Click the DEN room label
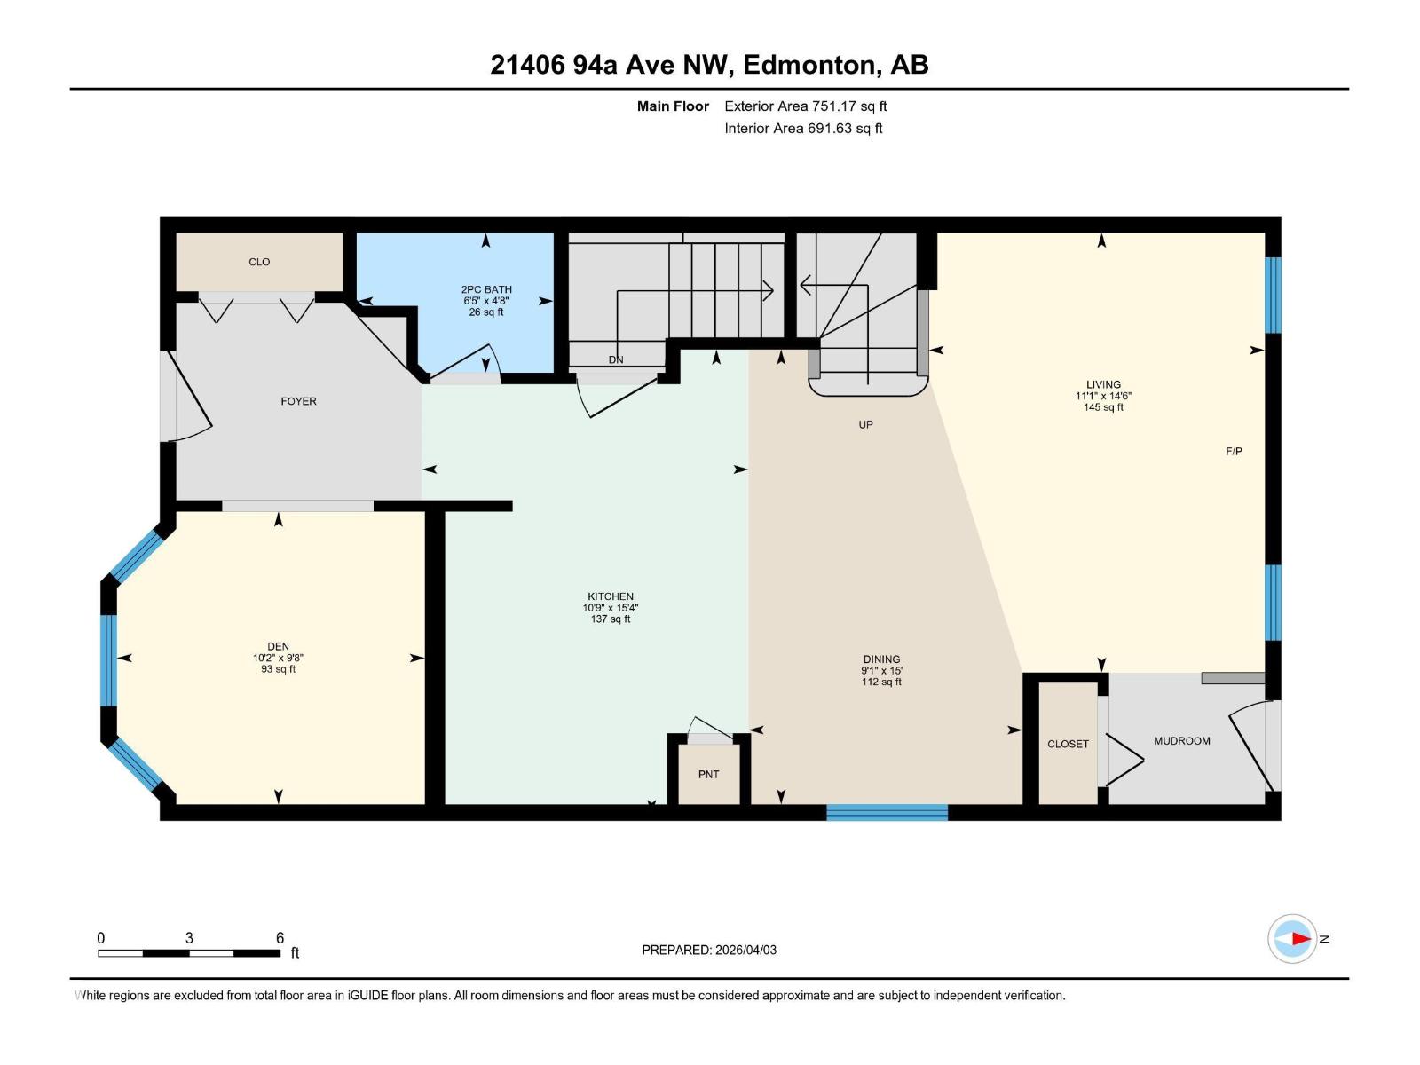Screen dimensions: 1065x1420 [278, 647]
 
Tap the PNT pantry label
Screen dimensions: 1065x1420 [708, 775]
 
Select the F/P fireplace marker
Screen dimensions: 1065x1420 [1234, 452]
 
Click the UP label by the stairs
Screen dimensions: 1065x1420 [865, 425]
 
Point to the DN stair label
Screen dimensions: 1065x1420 [616, 359]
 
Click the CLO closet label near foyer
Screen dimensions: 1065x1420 [259, 262]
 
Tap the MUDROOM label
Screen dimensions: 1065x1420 [1181, 741]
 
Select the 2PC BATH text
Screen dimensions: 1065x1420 [486, 289]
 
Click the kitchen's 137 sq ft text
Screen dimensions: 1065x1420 [611, 619]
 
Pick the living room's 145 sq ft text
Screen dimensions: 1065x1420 [1103, 407]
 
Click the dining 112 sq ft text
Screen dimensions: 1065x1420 [881, 682]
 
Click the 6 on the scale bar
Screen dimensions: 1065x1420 [280, 938]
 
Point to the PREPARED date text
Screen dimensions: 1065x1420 [709, 950]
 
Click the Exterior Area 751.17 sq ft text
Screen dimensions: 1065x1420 [805, 106]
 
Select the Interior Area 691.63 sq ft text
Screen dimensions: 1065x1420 [803, 129]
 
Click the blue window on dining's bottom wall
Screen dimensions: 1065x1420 [887, 811]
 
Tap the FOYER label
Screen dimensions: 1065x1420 [298, 401]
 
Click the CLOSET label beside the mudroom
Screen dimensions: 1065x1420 [1068, 744]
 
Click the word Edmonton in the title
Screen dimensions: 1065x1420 [809, 65]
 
